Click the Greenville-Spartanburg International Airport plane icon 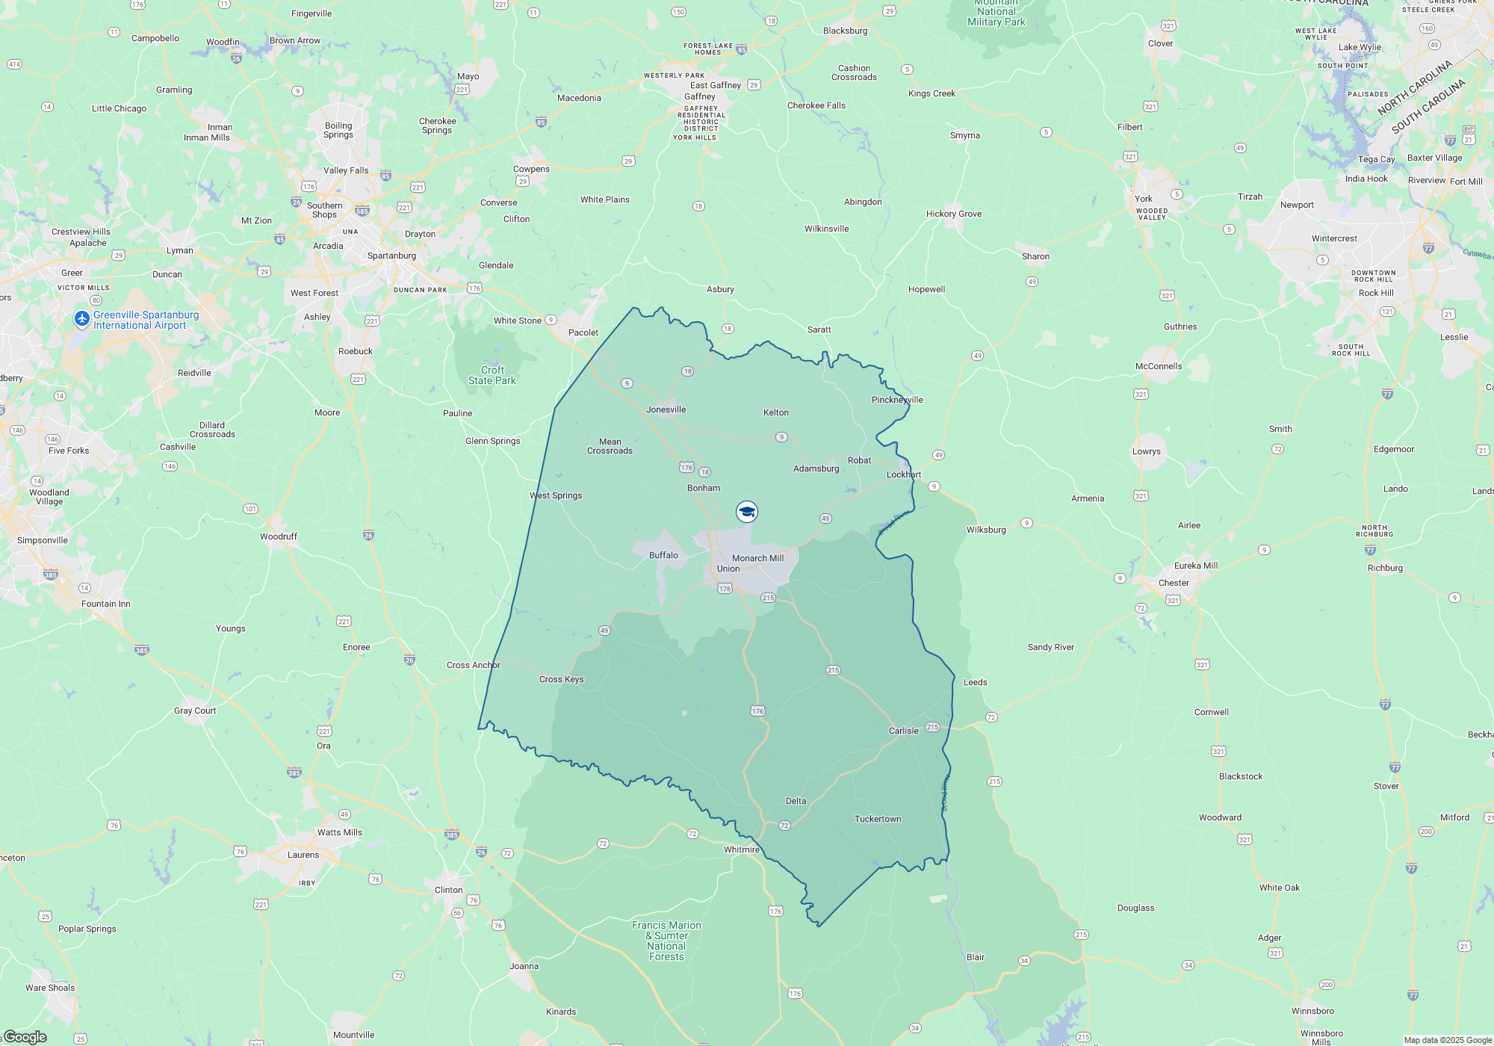82,319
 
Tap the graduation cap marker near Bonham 746,512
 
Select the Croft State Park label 492,375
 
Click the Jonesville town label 666,409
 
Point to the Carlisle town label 903,731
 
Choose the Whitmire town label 741,850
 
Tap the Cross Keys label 561,679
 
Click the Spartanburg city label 391,256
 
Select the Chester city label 1173,583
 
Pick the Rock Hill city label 1375,293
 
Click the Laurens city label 303,855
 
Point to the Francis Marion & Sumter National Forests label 666,941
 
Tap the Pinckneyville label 897,400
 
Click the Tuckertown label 877,819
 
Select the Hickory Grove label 954,214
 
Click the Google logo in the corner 25,1036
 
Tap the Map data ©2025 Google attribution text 1447,1040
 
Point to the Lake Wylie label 1360,47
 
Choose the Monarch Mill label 757,558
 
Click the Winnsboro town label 1312,1011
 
